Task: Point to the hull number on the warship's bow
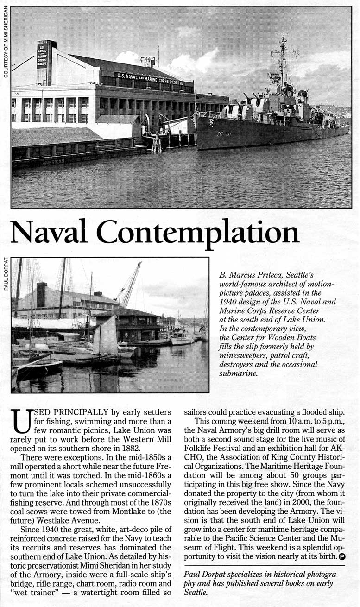pyautogui.click(x=224, y=134)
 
